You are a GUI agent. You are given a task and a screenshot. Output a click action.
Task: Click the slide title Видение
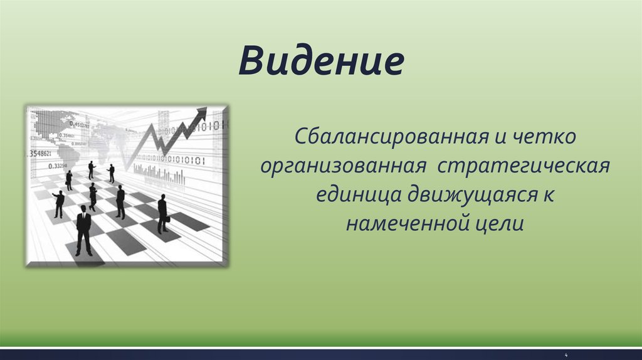pos(322,61)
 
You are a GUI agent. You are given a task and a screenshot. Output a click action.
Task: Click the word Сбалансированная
pos(391,136)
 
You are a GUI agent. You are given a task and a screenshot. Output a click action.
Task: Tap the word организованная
pos(344,166)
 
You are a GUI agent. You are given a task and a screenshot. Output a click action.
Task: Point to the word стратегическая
pos(524,166)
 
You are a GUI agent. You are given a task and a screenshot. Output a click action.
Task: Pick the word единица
pos(358,195)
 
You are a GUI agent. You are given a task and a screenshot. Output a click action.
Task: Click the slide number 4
pos(566,355)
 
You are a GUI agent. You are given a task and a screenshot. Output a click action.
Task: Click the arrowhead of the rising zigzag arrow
pos(201,113)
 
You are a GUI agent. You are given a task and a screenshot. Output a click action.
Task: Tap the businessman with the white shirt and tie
pos(84,230)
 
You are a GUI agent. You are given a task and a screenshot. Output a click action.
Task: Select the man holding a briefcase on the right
pos(163,214)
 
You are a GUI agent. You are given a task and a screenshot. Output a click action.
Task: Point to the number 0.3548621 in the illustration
pos(39,154)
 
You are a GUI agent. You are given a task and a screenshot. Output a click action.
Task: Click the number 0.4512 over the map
pos(78,125)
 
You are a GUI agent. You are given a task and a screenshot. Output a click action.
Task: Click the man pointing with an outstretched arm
pos(59,204)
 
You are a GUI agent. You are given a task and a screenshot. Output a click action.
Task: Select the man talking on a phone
pos(69,180)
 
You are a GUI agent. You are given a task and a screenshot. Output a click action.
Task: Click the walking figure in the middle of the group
pos(93,197)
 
